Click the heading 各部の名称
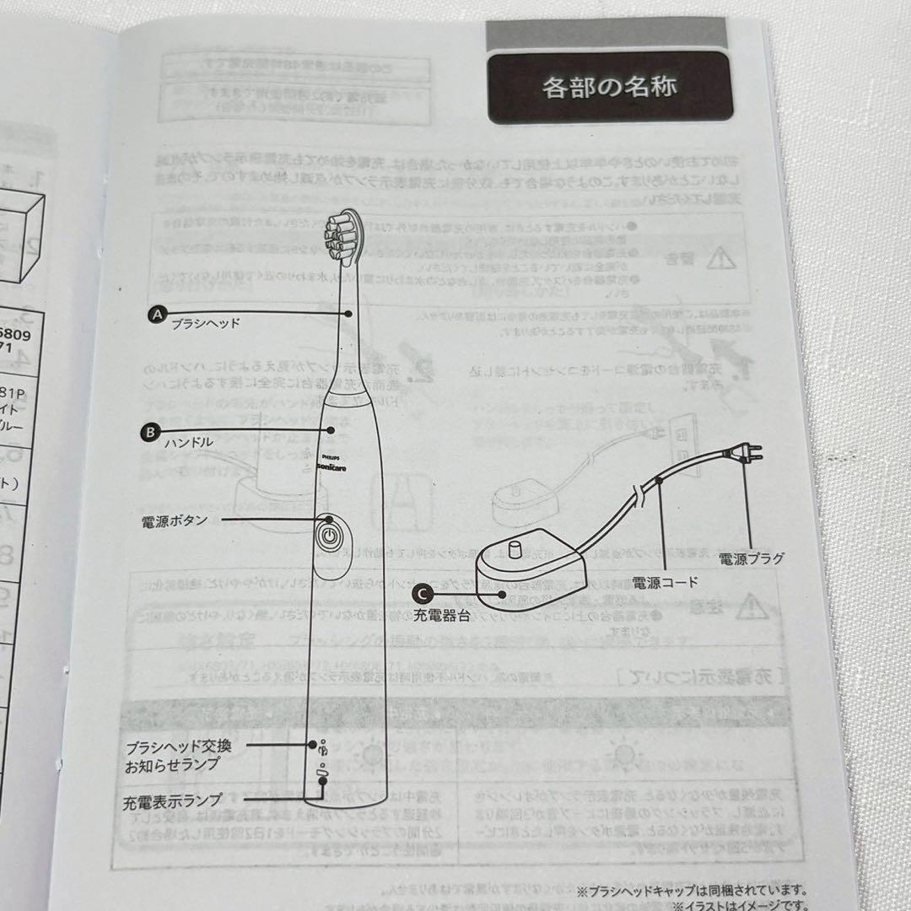[609, 87]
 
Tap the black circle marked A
[156, 314]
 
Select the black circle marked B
[149, 431]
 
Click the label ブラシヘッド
[206, 323]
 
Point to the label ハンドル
[189, 441]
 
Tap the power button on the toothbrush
[330, 535]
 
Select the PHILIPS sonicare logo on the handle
[332, 461]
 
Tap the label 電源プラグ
[751, 558]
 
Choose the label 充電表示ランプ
[173, 799]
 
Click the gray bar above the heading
[606, 35]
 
